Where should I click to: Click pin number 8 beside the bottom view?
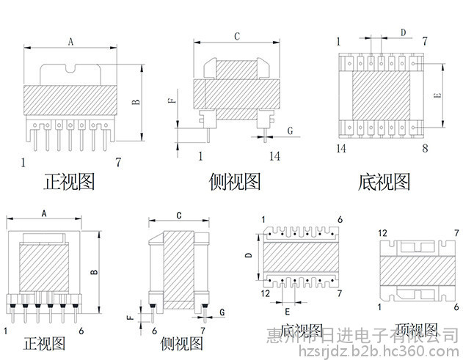pyautogui.click(x=425, y=148)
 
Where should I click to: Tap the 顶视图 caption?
pyautogui.click(x=416, y=330)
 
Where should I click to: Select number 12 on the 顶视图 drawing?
pyautogui.click(x=382, y=233)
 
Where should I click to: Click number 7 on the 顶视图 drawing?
pyautogui.click(x=456, y=233)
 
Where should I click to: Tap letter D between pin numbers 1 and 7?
pyautogui.click(x=403, y=32)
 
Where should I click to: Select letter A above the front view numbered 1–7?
pyautogui.click(x=70, y=43)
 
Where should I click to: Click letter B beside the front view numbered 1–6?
pyautogui.click(x=94, y=273)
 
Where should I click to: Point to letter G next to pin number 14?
pyautogui.click(x=290, y=130)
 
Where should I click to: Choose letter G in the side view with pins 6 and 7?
pyautogui.click(x=221, y=313)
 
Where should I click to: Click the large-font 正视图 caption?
pyautogui.click(x=69, y=180)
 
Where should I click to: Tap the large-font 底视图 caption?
pyautogui.click(x=384, y=180)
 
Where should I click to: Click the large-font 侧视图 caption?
pyautogui.click(x=235, y=180)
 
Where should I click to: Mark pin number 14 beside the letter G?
pyautogui.click(x=274, y=155)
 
